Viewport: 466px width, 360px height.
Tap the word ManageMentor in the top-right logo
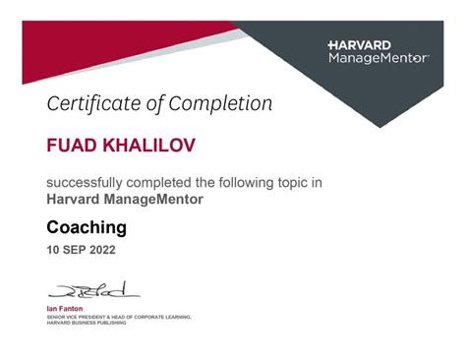tap(378, 58)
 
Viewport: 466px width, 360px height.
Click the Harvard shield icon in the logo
tap(332, 45)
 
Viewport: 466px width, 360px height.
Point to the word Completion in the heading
tap(223, 103)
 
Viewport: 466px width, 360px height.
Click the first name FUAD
tap(72, 146)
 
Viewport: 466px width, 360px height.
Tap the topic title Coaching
tap(87, 228)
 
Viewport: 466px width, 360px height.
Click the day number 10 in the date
tap(54, 251)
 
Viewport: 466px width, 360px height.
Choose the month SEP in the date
tap(78, 251)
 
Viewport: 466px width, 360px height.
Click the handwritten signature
tap(93, 290)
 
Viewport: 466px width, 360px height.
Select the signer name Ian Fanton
tap(66, 309)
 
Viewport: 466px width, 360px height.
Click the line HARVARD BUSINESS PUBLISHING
tap(87, 324)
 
